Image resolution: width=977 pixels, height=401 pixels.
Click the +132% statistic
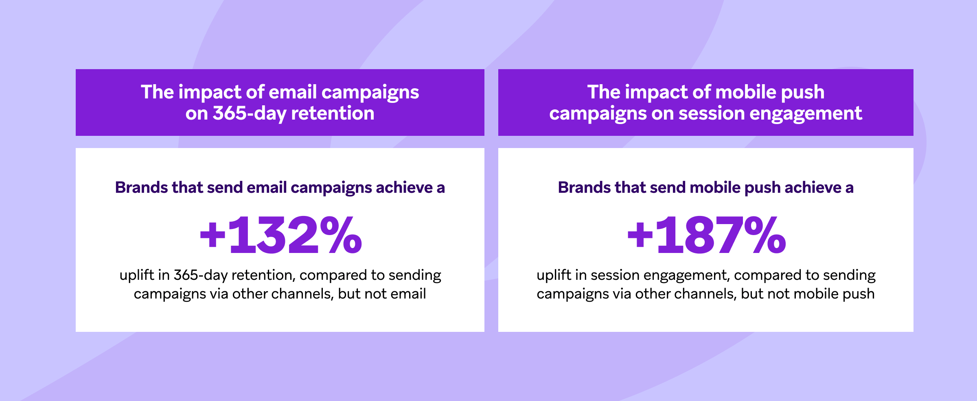280,235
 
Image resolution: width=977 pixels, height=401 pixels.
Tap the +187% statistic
706,235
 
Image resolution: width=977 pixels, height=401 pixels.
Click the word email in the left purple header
292,92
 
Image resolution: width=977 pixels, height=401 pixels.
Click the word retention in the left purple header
333,113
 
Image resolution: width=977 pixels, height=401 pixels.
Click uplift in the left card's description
137,276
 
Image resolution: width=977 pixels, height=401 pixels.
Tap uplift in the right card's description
554,276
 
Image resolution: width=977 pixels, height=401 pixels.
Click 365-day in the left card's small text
200,276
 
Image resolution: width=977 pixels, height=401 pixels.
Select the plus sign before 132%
212,236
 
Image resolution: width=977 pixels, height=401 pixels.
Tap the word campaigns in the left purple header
370,93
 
